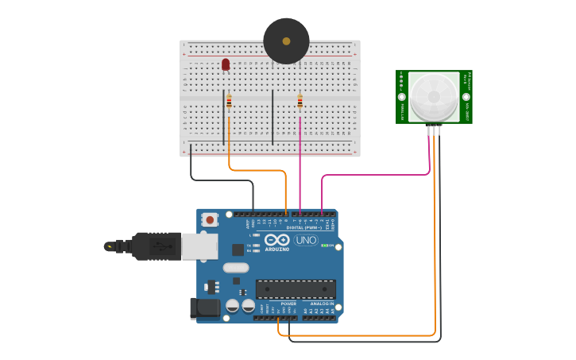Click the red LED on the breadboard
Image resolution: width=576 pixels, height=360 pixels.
click(226, 64)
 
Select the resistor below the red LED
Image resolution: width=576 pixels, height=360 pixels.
click(229, 102)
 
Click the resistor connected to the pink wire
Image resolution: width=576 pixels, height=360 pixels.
click(300, 102)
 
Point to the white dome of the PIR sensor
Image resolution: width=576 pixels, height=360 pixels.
click(435, 97)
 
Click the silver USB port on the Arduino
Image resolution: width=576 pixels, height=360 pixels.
click(199, 246)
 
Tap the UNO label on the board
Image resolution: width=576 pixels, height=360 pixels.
click(305, 240)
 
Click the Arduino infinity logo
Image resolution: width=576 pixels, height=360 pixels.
click(277, 239)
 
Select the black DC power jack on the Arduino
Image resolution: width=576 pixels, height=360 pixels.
click(204, 308)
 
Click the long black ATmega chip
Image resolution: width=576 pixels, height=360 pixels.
click(296, 289)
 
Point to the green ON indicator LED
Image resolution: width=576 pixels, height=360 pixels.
click(324, 246)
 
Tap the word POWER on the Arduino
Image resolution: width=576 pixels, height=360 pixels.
click(288, 304)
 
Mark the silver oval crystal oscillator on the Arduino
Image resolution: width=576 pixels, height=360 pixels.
click(246, 268)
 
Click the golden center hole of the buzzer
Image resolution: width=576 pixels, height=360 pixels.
click(286, 40)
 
